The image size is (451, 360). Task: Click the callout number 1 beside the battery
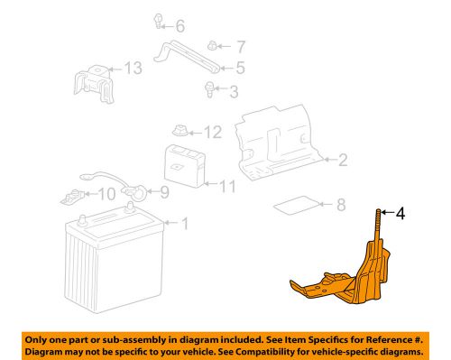click(186, 223)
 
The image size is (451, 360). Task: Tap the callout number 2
click(343, 161)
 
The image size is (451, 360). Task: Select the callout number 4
click(400, 214)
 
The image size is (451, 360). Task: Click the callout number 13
click(133, 69)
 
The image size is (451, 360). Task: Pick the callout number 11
click(227, 187)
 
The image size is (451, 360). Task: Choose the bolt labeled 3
click(212, 88)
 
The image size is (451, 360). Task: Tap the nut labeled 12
click(180, 132)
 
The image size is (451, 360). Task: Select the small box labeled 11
click(184, 167)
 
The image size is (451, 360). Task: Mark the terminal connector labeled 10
click(74, 193)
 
